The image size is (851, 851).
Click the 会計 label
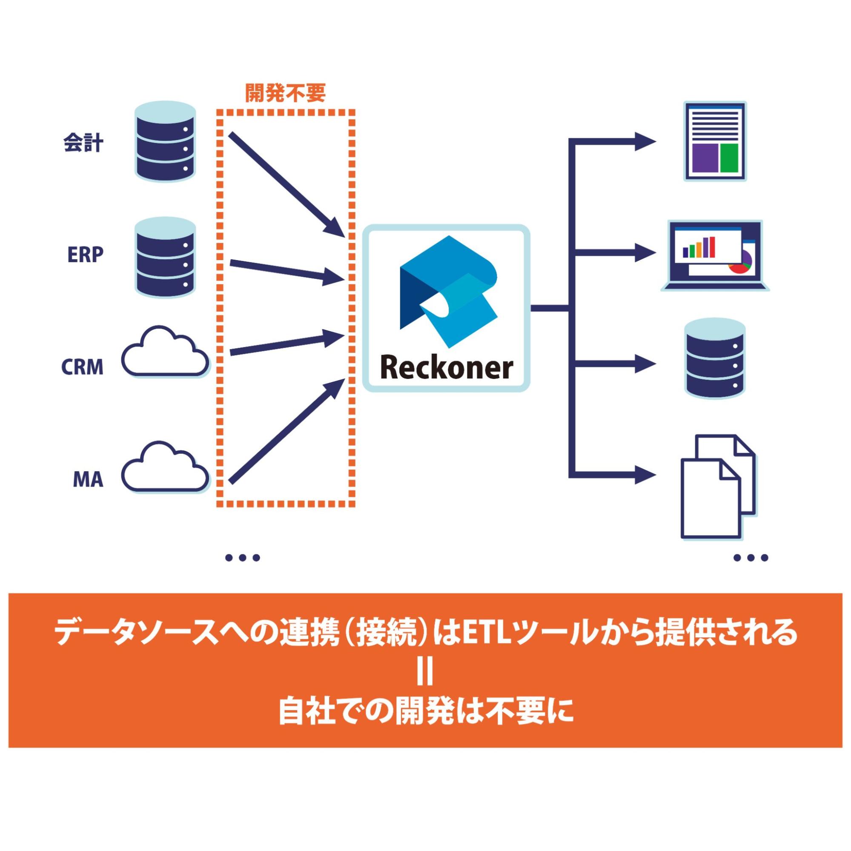pos(83,143)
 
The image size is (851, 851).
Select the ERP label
pos(85,254)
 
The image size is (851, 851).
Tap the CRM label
pos(82,367)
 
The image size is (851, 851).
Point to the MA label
pos(88,479)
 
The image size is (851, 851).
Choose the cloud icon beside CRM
pos(165,352)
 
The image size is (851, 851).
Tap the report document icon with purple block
pos(715,141)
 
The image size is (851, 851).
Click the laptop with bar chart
pos(714,255)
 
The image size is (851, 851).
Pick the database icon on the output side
pos(715,360)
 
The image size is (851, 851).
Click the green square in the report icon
pos(729,157)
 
